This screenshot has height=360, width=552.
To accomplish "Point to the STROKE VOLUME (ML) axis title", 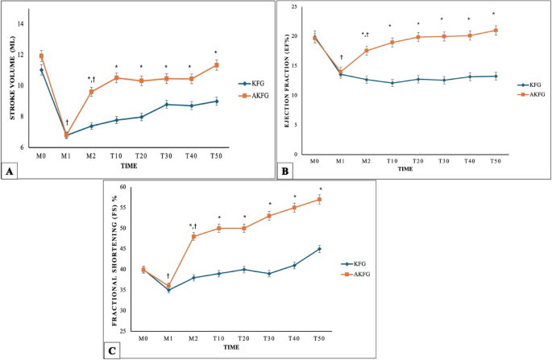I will [14, 89].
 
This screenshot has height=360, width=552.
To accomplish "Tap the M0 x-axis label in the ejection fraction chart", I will [314, 161].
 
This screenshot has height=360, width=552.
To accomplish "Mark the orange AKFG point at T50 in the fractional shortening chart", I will [319, 199].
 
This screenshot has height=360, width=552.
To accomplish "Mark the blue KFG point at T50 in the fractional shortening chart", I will [319, 249].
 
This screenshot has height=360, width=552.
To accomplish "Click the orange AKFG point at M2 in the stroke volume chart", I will [91, 92].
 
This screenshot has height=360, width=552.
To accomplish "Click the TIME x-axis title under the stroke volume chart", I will [128, 166].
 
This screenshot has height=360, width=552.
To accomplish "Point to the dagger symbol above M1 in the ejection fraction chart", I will [342, 57].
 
